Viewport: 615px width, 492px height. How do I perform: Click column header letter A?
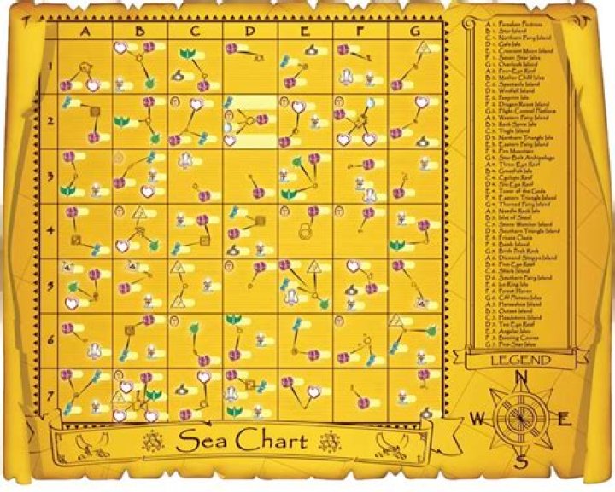coord(85,32)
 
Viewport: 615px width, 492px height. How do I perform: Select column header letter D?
coord(249,32)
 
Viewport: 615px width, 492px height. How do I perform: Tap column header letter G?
coord(414,32)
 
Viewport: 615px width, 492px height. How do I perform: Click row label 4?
coord(50,230)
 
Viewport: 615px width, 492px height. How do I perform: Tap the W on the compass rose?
coord(479,419)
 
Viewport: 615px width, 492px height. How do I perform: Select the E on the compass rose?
coord(563,418)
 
